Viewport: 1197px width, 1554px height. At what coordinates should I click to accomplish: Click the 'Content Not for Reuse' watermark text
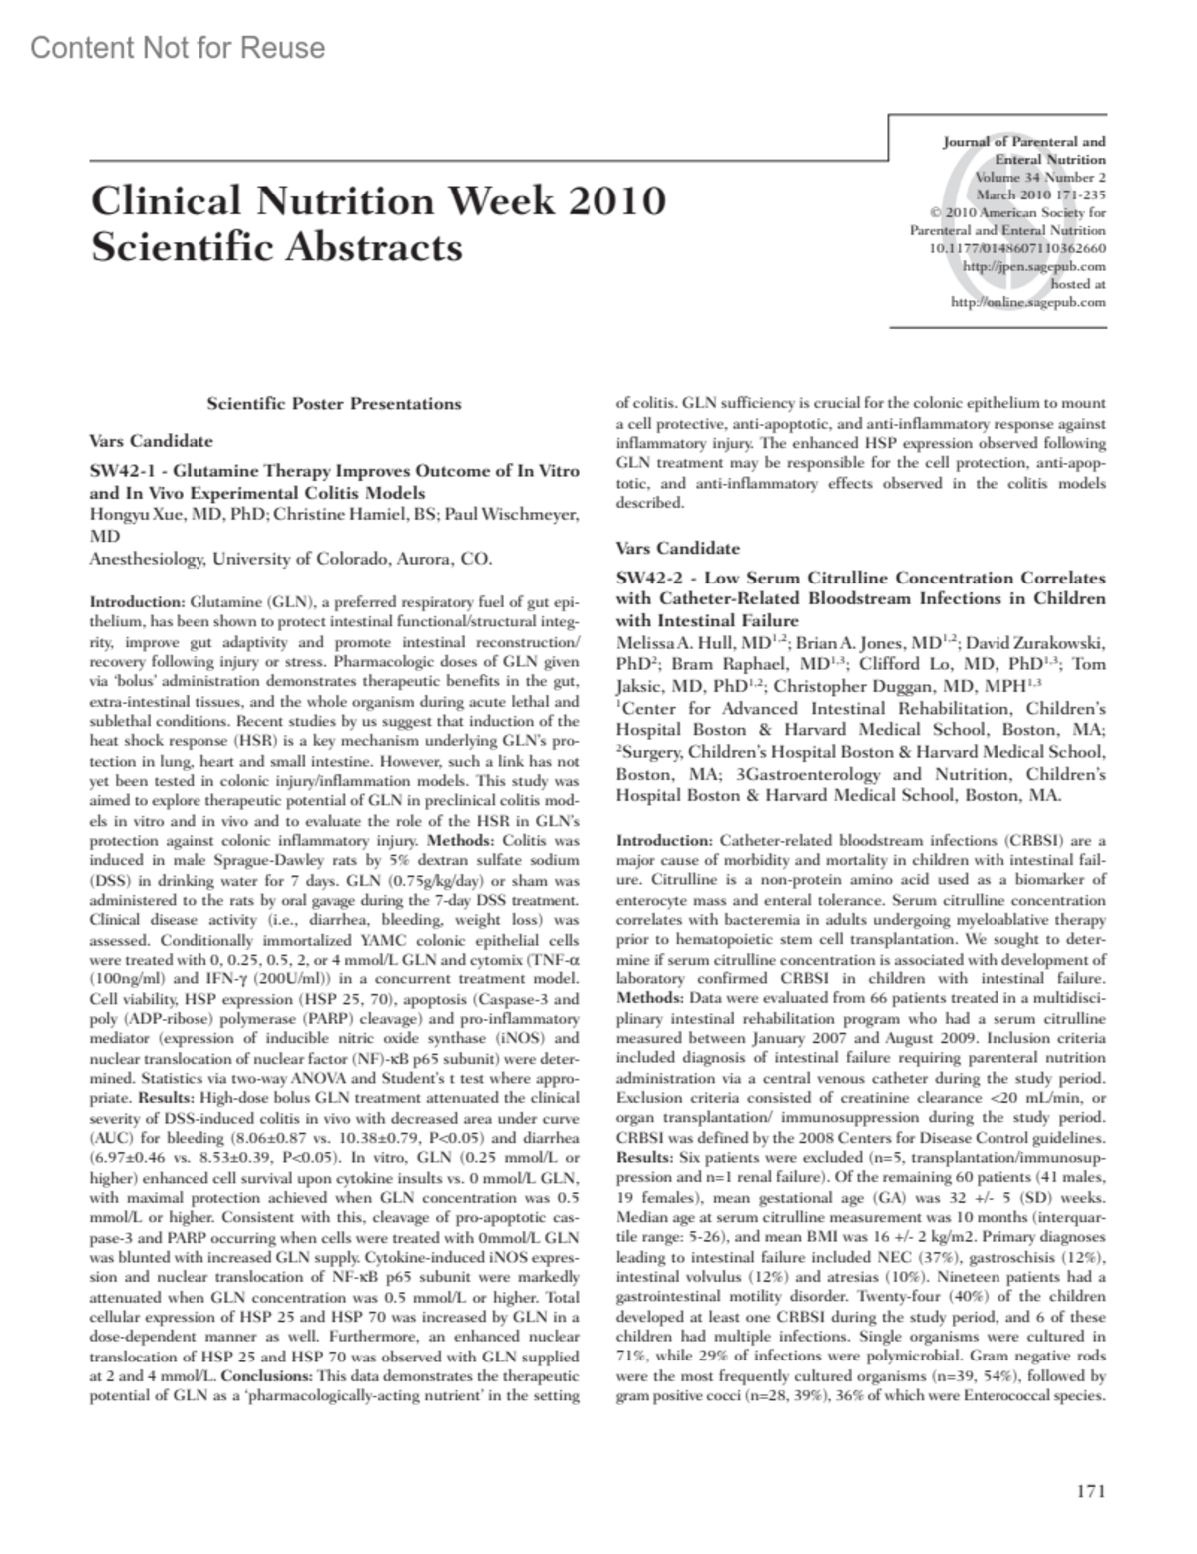coord(178,47)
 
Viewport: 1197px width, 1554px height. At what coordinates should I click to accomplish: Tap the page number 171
coord(1091,1491)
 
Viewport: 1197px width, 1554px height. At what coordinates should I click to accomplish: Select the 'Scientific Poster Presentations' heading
coord(333,404)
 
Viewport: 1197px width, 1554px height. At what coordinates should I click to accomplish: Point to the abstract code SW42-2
coord(647,579)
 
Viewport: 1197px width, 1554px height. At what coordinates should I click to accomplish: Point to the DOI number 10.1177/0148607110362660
coord(1016,248)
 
